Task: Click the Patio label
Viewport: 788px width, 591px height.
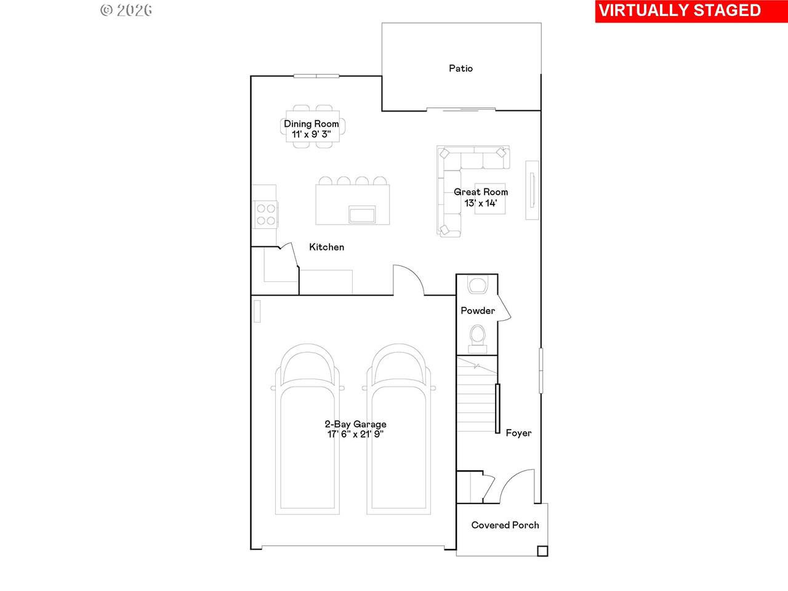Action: pos(460,68)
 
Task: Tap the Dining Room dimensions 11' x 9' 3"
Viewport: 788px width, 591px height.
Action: pos(311,134)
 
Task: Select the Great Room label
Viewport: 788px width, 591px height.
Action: pos(481,192)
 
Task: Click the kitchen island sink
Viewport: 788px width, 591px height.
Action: pos(362,214)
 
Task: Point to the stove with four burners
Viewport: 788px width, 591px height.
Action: pos(266,214)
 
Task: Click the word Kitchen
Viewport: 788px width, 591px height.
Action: pos(326,247)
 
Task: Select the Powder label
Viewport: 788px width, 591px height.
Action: pos(478,310)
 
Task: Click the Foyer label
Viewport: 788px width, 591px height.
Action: pos(518,433)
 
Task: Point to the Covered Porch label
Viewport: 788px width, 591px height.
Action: pos(505,525)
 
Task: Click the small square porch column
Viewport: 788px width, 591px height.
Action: pos(542,551)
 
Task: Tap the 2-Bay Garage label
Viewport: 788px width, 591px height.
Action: pos(355,424)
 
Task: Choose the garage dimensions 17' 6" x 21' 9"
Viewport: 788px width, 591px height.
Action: pos(355,434)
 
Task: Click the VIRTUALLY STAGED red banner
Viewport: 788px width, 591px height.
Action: pos(691,11)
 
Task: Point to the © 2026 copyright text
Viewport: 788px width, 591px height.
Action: pos(126,10)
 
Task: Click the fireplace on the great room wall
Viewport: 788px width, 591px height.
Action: pos(532,190)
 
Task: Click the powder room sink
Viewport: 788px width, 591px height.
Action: pos(477,284)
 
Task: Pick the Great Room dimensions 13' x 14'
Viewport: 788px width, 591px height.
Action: pos(481,203)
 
